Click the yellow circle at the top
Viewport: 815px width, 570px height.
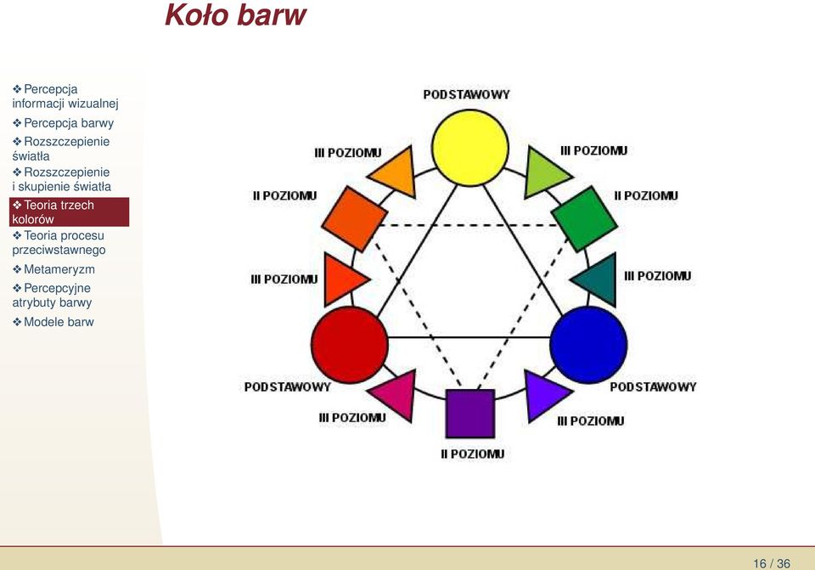click(x=469, y=148)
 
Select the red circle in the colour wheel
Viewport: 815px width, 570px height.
click(x=349, y=345)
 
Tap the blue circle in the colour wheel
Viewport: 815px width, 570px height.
click(x=588, y=345)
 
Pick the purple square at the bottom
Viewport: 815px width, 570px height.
click(x=469, y=414)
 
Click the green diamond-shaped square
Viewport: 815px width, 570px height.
click(x=584, y=219)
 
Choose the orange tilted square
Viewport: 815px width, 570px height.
click(x=355, y=219)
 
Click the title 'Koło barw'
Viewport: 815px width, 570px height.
click(x=235, y=14)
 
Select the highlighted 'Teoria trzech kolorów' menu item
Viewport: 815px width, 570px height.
click(x=69, y=212)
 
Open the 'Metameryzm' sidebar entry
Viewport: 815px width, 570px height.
click(x=53, y=269)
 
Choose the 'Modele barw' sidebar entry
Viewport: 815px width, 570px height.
click(x=53, y=322)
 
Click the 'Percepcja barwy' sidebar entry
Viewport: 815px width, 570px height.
click(x=63, y=123)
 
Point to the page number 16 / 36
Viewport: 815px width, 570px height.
click(x=772, y=563)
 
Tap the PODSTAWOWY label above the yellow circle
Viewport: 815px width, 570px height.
click(x=466, y=94)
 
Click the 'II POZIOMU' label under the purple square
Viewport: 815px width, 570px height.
click(x=473, y=454)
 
